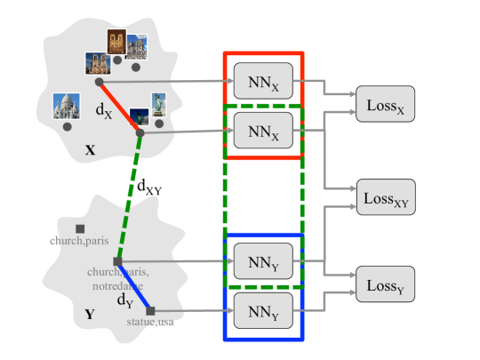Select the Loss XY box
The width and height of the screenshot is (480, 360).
pyautogui.click(x=385, y=197)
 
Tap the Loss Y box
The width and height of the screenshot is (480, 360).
pyautogui.click(x=385, y=285)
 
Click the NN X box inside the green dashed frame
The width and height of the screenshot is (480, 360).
pyautogui.click(x=262, y=131)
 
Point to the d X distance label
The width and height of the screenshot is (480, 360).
pyautogui.click(x=104, y=110)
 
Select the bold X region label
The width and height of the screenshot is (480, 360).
pyautogui.click(x=90, y=150)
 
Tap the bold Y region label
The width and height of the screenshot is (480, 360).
pyautogui.click(x=89, y=314)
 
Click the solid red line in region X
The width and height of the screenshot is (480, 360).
pyautogui.click(x=120, y=108)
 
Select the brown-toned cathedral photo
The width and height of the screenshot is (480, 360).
pyautogui.click(x=116, y=41)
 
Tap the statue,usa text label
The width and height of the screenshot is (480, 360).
pyautogui.click(x=149, y=322)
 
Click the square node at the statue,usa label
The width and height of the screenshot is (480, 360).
pyautogui.click(x=151, y=310)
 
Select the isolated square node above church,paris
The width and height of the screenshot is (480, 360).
pyautogui.click(x=80, y=228)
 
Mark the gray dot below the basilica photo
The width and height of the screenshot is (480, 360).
pyautogui.click(x=68, y=127)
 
